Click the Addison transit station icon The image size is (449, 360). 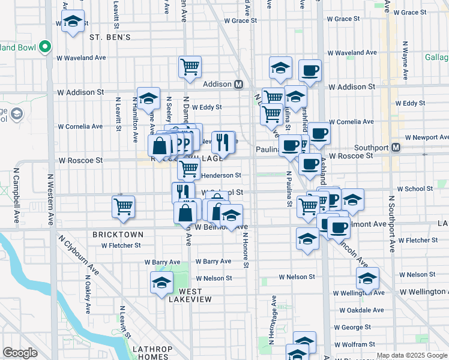[238, 84]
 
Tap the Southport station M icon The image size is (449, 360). [396, 147]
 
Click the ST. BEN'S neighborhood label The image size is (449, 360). [110, 37]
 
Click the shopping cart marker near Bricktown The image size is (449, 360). [123, 207]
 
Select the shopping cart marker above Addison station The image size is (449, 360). [190, 67]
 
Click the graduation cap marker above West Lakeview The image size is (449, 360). [161, 283]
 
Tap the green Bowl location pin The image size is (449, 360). [44, 46]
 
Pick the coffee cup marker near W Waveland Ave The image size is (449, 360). [310, 70]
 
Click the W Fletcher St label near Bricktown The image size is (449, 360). [121, 245]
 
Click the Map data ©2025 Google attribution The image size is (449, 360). [411, 355]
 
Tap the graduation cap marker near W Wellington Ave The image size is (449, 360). [367, 278]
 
